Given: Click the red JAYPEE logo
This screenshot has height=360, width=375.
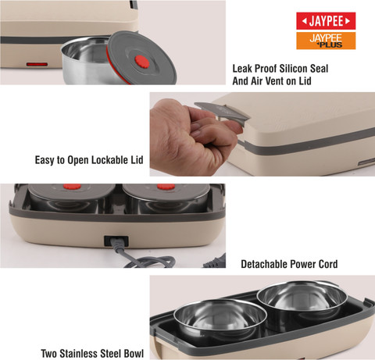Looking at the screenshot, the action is (x=326, y=21).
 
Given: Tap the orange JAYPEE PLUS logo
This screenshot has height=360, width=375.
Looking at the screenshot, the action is (x=326, y=41).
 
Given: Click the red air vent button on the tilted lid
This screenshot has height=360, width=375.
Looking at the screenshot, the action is (x=142, y=62).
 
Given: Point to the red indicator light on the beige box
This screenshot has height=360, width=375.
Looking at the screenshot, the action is (x=37, y=64).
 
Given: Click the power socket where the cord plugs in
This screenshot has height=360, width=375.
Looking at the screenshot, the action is (x=116, y=241).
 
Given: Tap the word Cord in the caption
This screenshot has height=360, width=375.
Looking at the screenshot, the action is (x=328, y=264).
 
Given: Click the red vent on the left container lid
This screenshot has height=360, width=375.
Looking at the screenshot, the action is (x=72, y=187).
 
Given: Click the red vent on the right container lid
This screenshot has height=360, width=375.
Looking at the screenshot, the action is (x=166, y=187).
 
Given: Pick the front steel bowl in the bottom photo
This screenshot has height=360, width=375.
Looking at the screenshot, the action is (x=220, y=319).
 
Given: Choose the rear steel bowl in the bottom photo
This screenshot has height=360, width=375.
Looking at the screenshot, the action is (x=302, y=302).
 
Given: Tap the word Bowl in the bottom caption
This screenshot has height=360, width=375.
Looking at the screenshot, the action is (x=134, y=354).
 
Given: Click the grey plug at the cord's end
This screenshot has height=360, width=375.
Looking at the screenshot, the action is (x=214, y=262).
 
